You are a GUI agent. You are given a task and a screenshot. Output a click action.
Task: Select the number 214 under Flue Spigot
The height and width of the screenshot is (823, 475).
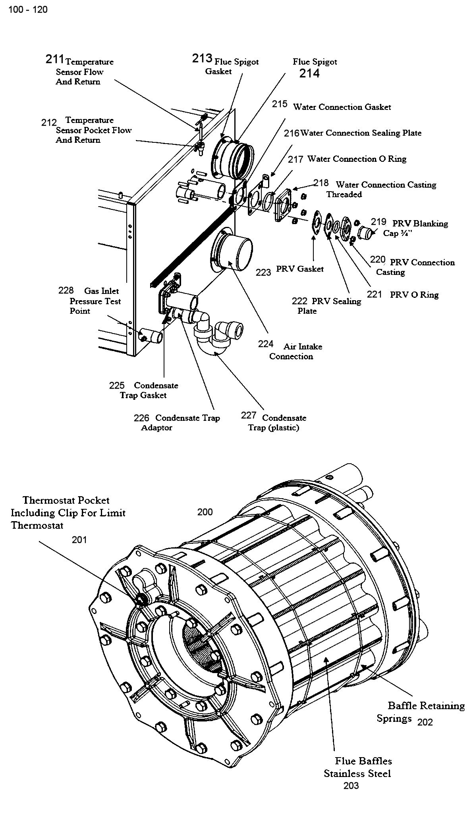tap(309, 73)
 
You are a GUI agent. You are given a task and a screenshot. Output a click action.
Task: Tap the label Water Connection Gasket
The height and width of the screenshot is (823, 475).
tap(342, 107)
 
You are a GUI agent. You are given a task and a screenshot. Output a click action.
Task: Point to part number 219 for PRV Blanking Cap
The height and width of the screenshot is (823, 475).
tap(378, 222)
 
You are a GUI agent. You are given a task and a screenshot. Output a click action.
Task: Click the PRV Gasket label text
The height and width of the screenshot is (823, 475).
tap(300, 269)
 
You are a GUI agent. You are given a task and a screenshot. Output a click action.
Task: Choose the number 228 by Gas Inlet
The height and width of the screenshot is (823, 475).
tap(66, 290)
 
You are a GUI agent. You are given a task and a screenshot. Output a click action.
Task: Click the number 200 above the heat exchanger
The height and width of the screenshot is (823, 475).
tap(205, 512)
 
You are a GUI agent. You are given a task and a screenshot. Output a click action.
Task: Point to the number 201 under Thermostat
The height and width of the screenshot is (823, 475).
tap(79, 539)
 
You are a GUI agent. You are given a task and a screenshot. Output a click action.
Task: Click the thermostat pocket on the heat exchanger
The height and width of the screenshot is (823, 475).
tap(141, 599)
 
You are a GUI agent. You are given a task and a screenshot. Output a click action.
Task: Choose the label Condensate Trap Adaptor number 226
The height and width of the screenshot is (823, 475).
tap(141, 418)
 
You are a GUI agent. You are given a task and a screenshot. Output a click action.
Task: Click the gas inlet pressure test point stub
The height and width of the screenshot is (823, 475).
tap(151, 336)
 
